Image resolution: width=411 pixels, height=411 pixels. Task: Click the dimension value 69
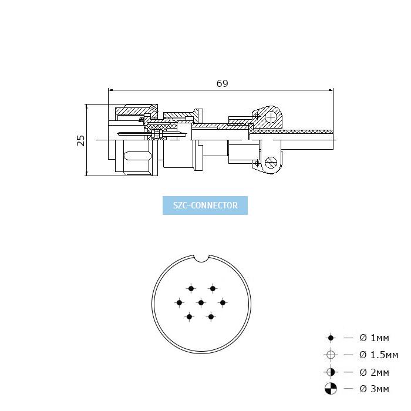coord(223,83)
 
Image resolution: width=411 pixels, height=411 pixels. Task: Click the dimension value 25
coord(81,140)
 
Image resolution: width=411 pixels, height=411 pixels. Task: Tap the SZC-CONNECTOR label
coord(206,206)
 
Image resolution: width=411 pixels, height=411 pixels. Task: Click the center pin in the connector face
coord(201,303)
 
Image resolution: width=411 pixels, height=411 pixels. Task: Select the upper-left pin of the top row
coord(191,289)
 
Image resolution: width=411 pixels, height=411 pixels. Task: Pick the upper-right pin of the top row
coord(213,289)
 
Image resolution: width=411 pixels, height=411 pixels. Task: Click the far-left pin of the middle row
coord(179,303)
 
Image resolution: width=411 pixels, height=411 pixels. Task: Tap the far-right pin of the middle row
coord(223,303)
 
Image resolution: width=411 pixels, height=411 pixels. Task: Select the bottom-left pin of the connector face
coord(189,317)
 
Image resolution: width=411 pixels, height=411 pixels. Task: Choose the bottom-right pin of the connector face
coord(211,317)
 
